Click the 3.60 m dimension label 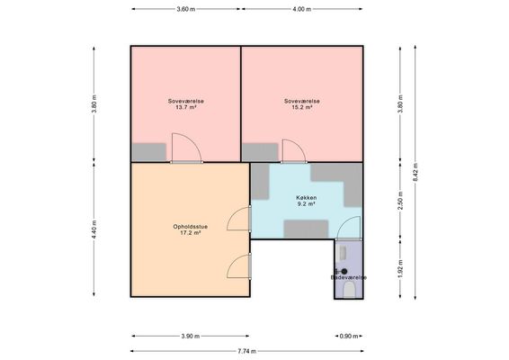coord(186,9)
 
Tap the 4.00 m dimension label coord(302,9)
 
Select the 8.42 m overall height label coord(415,172)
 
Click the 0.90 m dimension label coord(349,337)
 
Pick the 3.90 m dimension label coord(191,337)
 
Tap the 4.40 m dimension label coord(94,229)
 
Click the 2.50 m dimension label coord(400,201)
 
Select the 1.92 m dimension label coord(400,269)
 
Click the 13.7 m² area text coord(186,107)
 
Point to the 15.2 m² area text coord(302,107)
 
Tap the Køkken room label coord(307,197)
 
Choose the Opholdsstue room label coord(191,227)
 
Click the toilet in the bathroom coord(349,290)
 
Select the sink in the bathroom coord(342,254)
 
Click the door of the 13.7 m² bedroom coord(186,148)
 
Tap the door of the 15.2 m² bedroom coord(294,151)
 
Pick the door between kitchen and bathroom coord(348,229)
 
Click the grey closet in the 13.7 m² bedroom coord(148,152)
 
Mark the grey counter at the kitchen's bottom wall coord(306,229)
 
